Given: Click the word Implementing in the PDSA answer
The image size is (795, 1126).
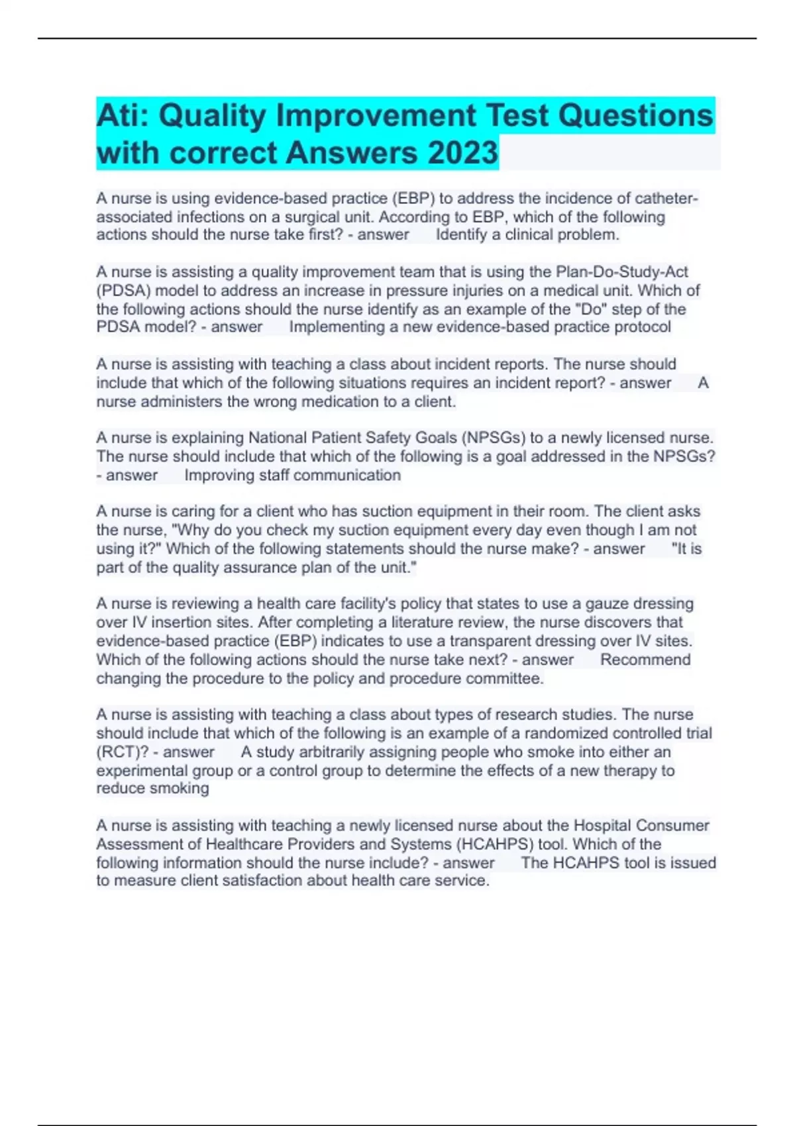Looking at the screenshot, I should pyautogui.click(x=335, y=327).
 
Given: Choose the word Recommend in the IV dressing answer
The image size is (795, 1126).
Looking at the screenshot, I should pyautogui.click(x=645, y=660).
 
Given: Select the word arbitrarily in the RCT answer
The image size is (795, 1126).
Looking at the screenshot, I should pyautogui.click(x=325, y=752).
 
